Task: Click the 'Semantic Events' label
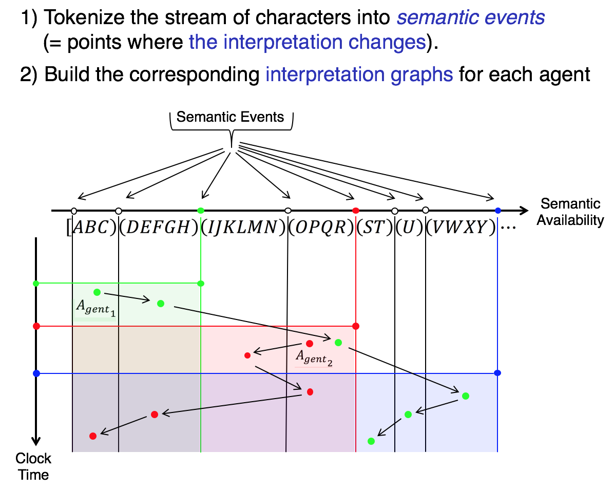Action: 230,117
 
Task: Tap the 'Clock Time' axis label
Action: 33,466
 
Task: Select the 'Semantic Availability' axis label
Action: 570,212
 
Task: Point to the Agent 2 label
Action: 313,357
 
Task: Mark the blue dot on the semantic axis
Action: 497,211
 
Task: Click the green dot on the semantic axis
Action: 201,211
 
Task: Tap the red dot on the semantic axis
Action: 356,211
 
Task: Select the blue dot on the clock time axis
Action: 36,373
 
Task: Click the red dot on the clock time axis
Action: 36,326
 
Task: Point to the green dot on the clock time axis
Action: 36,283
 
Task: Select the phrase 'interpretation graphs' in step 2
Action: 359,75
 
